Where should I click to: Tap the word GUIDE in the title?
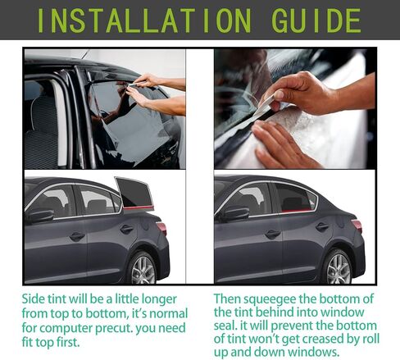pyautogui.click(x=316, y=20)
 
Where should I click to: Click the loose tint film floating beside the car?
pyautogui.click(x=133, y=193)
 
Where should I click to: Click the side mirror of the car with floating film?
pyautogui.click(x=39, y=216)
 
